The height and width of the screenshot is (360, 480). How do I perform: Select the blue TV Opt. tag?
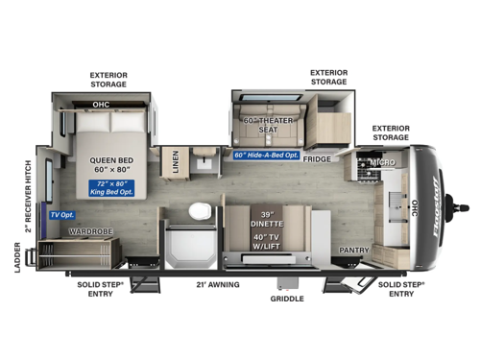(61, 215)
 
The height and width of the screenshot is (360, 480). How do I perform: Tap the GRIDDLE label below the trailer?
(286, 299)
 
